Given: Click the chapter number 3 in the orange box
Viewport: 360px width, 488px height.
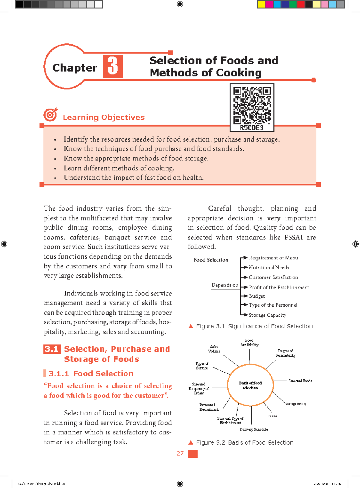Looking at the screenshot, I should [113, 66].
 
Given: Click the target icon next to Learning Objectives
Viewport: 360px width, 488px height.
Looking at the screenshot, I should [50, 115].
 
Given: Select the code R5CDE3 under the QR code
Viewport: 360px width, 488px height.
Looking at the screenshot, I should [252, 128].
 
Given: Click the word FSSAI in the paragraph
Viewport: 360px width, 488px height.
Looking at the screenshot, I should [293, 237].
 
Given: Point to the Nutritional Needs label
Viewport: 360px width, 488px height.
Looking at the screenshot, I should [269, 268].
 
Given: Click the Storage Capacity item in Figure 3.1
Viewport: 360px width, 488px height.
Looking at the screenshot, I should [268, 315].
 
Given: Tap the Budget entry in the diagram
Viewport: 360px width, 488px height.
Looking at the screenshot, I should [257, 296].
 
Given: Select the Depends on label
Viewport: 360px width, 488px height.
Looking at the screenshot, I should [225, 285].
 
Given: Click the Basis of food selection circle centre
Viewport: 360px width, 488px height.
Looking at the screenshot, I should [250, 385].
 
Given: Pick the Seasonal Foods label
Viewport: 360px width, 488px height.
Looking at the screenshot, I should [300, 381].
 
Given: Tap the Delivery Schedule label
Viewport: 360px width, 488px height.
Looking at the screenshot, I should [254, 430].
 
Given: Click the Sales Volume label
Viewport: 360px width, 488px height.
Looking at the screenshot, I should [214, 349].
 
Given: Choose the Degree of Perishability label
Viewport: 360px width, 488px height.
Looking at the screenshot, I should [286, 353].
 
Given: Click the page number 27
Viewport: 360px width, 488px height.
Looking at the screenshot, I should [180, 454].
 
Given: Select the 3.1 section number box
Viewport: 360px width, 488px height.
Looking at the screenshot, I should [52, 349].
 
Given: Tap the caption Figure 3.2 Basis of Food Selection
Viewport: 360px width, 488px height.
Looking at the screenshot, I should [245, 442].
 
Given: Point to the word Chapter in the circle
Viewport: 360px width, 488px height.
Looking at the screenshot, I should [75, 68].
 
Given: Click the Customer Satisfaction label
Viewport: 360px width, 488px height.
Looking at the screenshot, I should [273, 277].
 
